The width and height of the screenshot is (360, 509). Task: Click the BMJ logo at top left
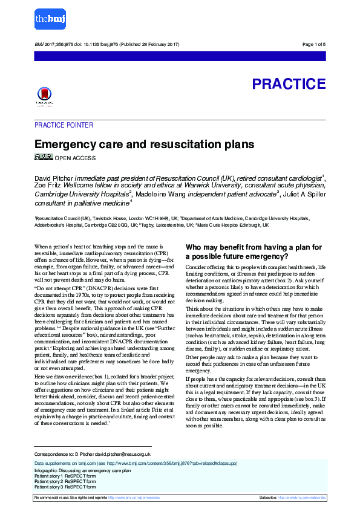click(x=50, y=20)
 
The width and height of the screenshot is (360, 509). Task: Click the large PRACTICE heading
click(x=289, y=84)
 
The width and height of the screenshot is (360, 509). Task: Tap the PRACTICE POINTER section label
click(x=64, y=125)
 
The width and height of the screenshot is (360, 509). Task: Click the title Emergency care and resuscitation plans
click(x=144, y=145)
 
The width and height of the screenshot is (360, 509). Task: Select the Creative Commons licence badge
click(x=44, y=157)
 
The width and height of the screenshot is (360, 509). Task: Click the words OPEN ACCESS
click(x=75, y=158)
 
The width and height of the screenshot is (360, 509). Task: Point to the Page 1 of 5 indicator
click(x=313, y=45)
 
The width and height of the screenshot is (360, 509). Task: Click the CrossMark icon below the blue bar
click(x=44, y=96)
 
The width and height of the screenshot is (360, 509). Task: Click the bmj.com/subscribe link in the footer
click(x=301, y=498)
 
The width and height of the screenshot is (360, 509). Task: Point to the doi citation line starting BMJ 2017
click(x=106, y=45)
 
